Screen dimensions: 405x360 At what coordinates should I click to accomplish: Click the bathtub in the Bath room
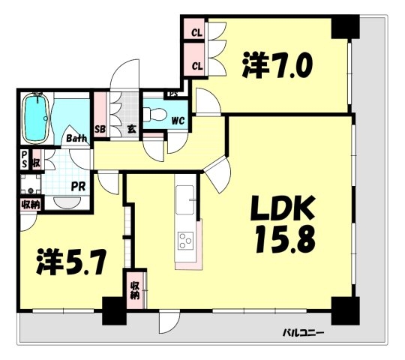tap(36, 118)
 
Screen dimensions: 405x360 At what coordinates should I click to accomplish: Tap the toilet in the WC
tap(155, 115)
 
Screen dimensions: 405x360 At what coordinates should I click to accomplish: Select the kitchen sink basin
tap(184, 200)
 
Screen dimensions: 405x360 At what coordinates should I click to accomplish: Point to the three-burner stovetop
tap(185, 241)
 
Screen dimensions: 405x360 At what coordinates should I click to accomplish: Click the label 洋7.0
tap(277, 64)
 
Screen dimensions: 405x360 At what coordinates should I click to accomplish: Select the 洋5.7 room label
tap(71, 262)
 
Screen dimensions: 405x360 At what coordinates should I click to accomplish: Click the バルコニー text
tap(304, 332)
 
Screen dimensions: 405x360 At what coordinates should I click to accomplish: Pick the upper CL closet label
tap(196, 33)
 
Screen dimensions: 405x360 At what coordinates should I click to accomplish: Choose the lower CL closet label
tap(197, 67)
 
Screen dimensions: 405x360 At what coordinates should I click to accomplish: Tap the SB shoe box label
tap(100, 129)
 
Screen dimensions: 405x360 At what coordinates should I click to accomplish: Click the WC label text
tap(178, 121)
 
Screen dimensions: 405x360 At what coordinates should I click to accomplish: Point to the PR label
tap(78, 187)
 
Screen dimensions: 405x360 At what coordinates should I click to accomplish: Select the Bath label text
tap(76, 139)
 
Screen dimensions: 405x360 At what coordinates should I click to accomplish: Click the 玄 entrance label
tap(132, 128)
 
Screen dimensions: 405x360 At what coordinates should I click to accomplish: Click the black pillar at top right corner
tap(345, 26)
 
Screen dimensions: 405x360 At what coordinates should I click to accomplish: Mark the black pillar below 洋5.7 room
tap(114, 310)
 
